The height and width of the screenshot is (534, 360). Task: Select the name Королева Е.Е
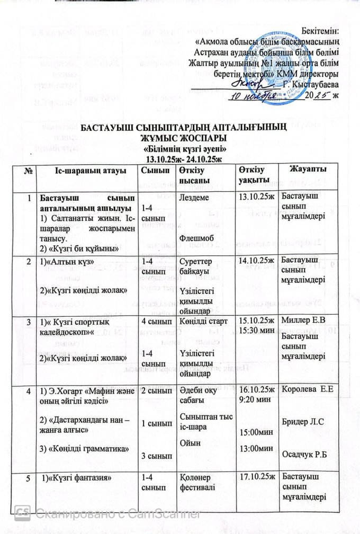(310, 389)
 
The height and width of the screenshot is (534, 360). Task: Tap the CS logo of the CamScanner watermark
(22, 512)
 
